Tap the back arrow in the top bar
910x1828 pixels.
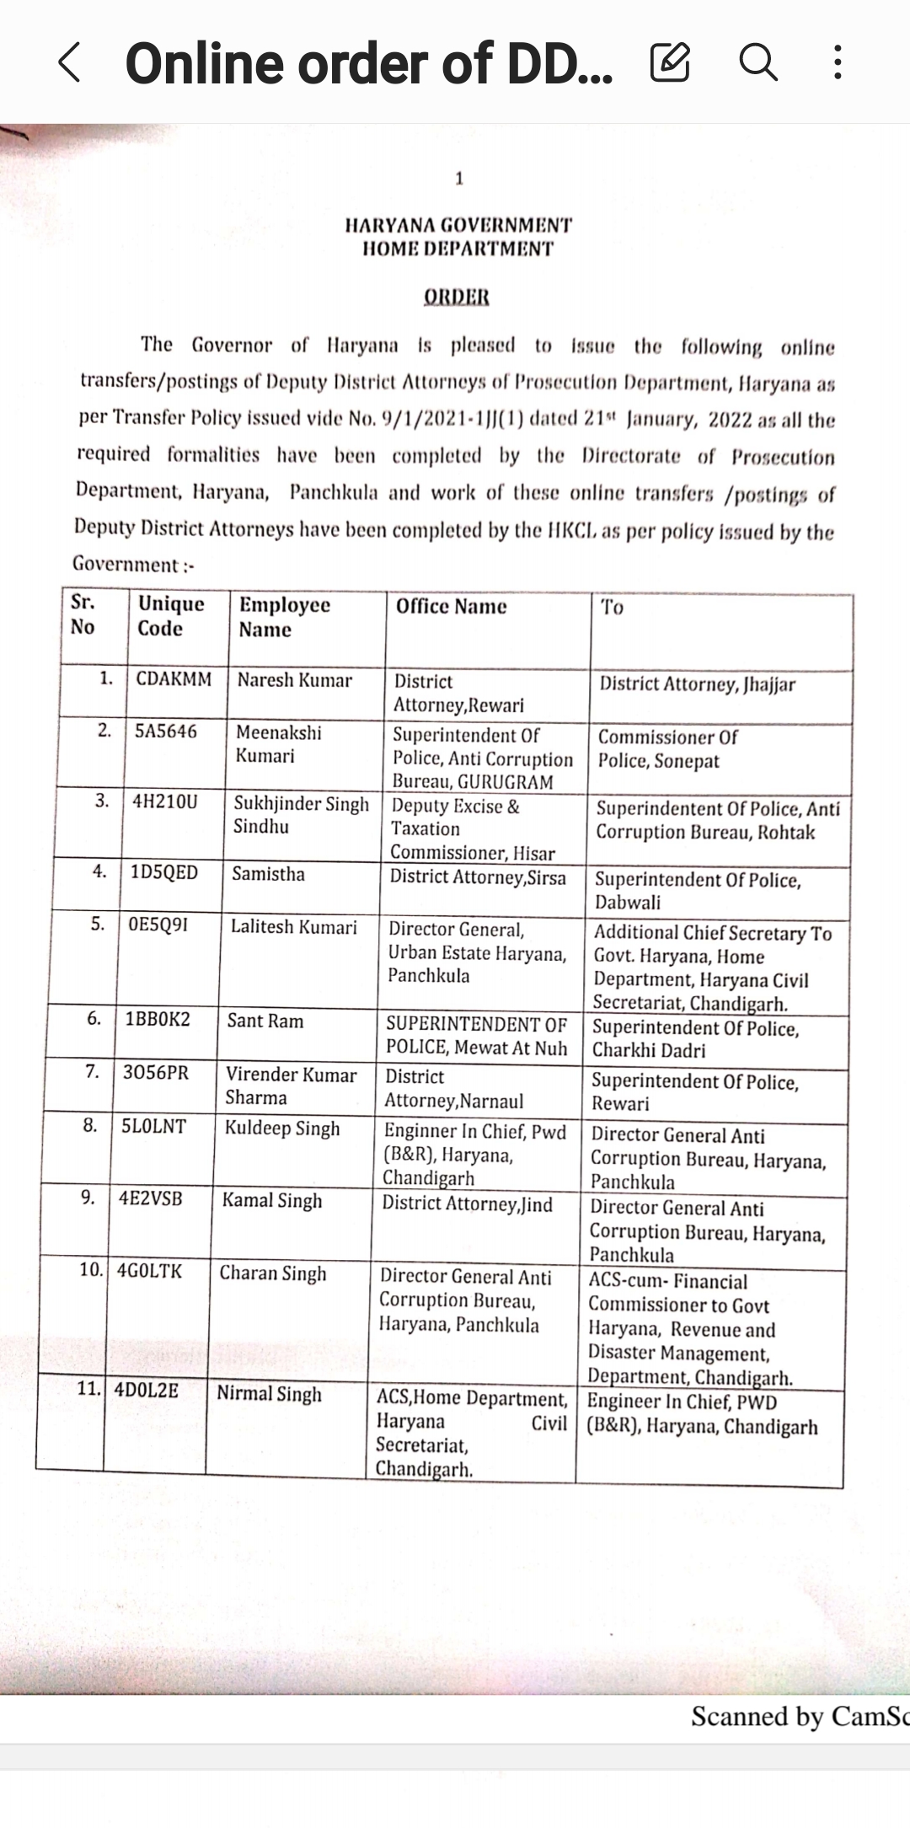coord(70,63)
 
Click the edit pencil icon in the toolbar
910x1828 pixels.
coord(670,62)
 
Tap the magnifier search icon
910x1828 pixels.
coord(758,62)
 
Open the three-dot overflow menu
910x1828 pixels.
coord(837,62)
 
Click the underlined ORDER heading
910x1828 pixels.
coord(456,297)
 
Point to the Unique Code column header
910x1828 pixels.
coord(171,616)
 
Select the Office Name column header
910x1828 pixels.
coord(452,607)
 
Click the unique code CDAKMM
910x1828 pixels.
coord(174,679)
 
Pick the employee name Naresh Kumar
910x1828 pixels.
coord(294,680)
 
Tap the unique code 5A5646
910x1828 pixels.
coord(166,731)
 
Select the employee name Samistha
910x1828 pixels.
coord(268,874)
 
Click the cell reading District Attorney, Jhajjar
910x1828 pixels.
coord(697,684)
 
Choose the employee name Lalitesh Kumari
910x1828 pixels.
coord(293,927)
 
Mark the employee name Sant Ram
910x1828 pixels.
coord(265,1021)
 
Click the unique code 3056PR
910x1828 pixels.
coord(156,1073)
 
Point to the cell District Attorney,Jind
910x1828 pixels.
coord(467,1203)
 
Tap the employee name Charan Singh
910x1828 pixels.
coord(272,1273)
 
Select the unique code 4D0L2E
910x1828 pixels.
coord(147,1390)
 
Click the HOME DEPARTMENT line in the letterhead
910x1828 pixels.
coord(458,249)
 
